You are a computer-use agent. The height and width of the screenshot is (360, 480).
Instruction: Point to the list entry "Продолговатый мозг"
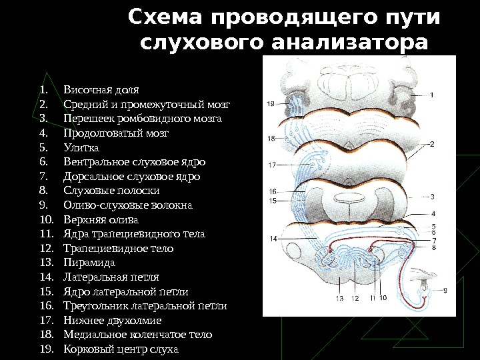click(x=116, y=133)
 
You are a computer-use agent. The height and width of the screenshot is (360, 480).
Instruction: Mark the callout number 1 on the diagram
click(x=431, y=95)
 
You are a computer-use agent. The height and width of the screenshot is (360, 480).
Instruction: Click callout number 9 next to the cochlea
click(x=445, y=290)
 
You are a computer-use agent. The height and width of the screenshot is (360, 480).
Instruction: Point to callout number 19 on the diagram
click(x=270, y=103)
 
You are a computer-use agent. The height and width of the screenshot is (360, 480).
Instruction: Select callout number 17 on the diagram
click(x=272, y=164)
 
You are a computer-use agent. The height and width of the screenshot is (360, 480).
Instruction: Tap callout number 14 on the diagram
click(x=273, y=238)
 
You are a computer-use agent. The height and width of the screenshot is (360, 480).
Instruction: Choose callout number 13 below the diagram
click(x=340, y=298)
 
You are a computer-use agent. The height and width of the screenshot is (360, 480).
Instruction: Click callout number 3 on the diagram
click(x=432, y=197)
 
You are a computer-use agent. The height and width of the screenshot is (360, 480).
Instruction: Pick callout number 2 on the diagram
click(x=432, y=143)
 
